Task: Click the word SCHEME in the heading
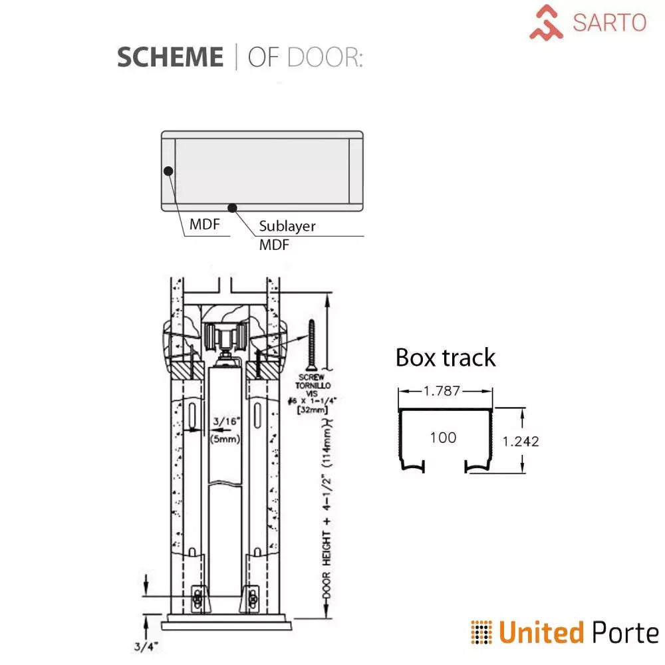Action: point(170,58)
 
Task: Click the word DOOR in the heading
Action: point(325,58)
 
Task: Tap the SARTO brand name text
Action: point(609,23)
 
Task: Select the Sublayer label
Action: point(287,226)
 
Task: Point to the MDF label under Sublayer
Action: point(274,245)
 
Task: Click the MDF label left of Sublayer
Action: point(204,224)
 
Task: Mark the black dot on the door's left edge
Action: point(168,171)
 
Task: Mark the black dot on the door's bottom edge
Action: point(232,207)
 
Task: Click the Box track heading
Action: point(446,358)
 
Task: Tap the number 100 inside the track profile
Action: point(443,438)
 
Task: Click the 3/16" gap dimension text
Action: point(227,422)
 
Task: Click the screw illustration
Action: point(310,344)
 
